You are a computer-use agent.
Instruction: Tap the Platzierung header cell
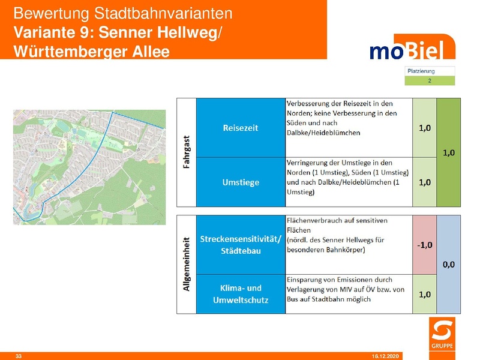430,71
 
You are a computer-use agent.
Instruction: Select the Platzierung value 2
430,80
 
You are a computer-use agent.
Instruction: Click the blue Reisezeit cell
240,128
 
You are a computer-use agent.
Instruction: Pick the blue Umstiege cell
240,182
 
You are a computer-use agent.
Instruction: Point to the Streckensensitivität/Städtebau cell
240,245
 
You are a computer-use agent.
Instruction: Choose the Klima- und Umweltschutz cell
240,294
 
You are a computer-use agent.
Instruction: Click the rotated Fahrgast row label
186,152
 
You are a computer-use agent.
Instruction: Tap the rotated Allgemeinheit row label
186,264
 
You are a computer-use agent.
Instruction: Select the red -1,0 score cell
424,244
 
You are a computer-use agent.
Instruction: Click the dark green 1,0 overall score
448,153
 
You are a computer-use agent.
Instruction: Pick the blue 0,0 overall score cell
448,264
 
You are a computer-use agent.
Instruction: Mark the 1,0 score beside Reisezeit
424,128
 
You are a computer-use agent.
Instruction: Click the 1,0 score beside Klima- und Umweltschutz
424,294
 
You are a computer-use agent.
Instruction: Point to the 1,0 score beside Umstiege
424,182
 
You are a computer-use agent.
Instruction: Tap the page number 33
18,356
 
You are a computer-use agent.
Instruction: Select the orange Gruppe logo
443,335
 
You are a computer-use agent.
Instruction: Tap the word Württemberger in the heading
70,51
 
